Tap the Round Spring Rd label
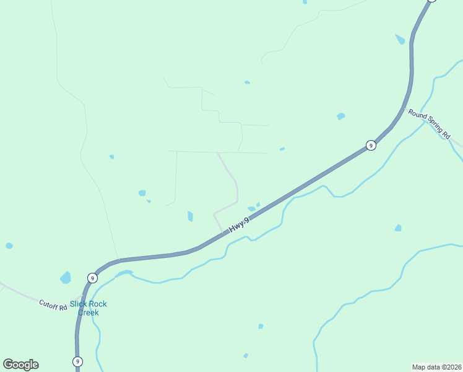click(x=428, y=123)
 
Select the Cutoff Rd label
click(x=53, y=304)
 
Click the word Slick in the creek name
click(x=79, y=304)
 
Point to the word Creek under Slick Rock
click(x=88, y=312)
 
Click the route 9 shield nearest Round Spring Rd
click(x=370, y=146)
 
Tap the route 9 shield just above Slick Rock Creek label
click(x=92, y=277)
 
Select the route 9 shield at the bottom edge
click(x=77, y=361)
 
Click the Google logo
click(x=20, y=365)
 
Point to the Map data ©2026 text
click(x=436, y=366)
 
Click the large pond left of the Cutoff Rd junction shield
click(x=66, y=277)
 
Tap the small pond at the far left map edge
click(x=9, y=246)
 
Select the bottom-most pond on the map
click(x=246, y=355)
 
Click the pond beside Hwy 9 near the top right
click(x=400, y=39)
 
